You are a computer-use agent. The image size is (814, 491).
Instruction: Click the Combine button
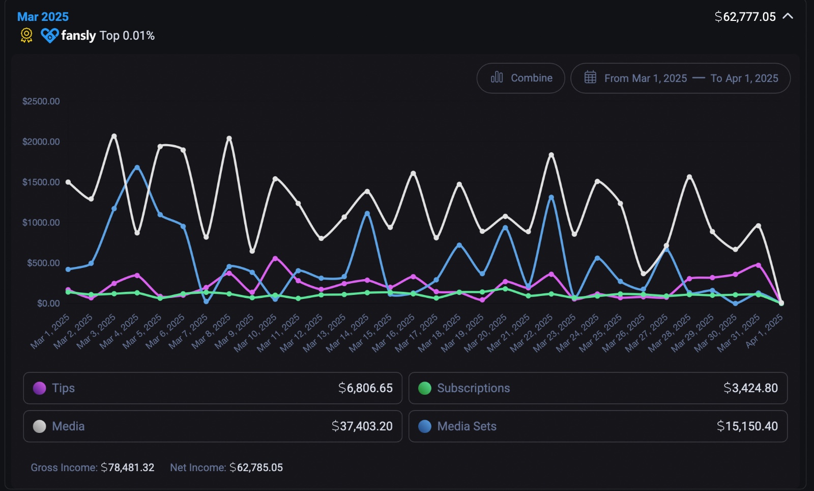(x=521, y=78)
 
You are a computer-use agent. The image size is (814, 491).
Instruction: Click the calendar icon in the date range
(x=590, y=77)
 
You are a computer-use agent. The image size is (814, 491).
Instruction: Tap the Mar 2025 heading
(x=43, y=17)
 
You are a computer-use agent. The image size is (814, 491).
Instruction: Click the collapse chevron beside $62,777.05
(x=788, y=16)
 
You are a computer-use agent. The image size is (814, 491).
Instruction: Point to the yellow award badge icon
(x=26, y=35)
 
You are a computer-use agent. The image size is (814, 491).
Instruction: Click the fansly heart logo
(x=49, y=35)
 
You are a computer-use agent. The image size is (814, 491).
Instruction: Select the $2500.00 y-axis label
(x=41, y=101)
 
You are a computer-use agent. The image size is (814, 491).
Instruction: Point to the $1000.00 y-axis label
(x=41, y=223)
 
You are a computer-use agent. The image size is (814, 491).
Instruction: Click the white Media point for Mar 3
(x=114, y=136)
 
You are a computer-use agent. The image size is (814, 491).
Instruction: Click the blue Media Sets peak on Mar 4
(x=137, y=167)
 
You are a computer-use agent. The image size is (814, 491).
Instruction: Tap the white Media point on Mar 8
(x=229, y=138)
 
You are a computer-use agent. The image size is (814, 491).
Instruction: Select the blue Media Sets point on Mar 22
(x=551, y=197)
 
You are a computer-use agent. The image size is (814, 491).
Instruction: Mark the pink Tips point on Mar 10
(x=275, y=258)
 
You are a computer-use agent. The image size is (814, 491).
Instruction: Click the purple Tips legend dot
(x=40, y=388)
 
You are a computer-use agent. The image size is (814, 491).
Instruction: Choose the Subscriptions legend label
(x=473, y=388)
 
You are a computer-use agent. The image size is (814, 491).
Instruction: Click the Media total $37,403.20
(x=362, y=426)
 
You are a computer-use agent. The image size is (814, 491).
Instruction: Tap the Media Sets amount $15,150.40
(x=747, y=426)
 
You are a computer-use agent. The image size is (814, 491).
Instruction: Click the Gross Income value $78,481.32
(x=127, y=468)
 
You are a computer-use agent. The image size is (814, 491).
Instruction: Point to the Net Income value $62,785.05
(x=256, y=468)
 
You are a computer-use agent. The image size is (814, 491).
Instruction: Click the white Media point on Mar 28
(x=689, y=177)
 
